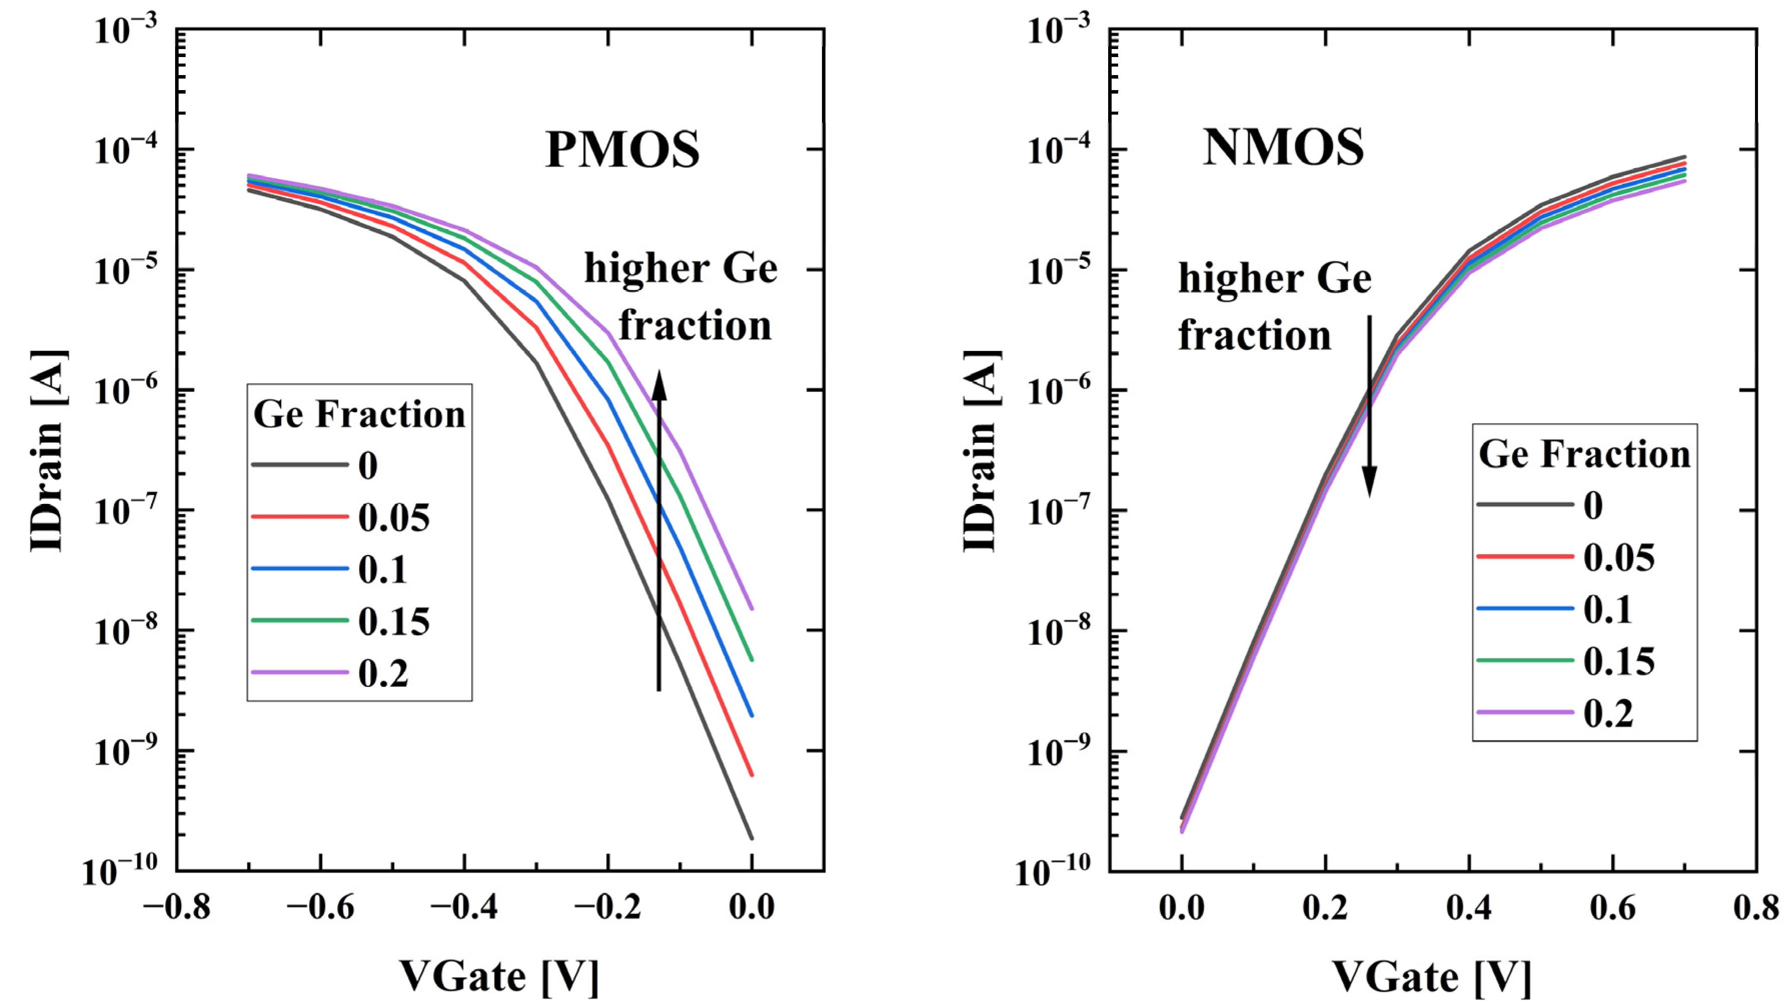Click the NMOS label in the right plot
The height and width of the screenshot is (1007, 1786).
click(x=1283, y=148)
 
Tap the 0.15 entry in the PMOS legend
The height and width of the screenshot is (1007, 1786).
click(x=393, y=621)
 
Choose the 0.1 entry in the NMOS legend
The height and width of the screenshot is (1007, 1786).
click(x=1608, y=610)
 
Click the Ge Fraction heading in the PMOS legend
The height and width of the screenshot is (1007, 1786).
click(x=359, y=415)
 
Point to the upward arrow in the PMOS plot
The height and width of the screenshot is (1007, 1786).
click(x=659, y=531)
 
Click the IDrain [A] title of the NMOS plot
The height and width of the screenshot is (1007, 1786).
click(x=981, y=451)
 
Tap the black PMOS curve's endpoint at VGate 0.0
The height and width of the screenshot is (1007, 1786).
click(x=751, y=838)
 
